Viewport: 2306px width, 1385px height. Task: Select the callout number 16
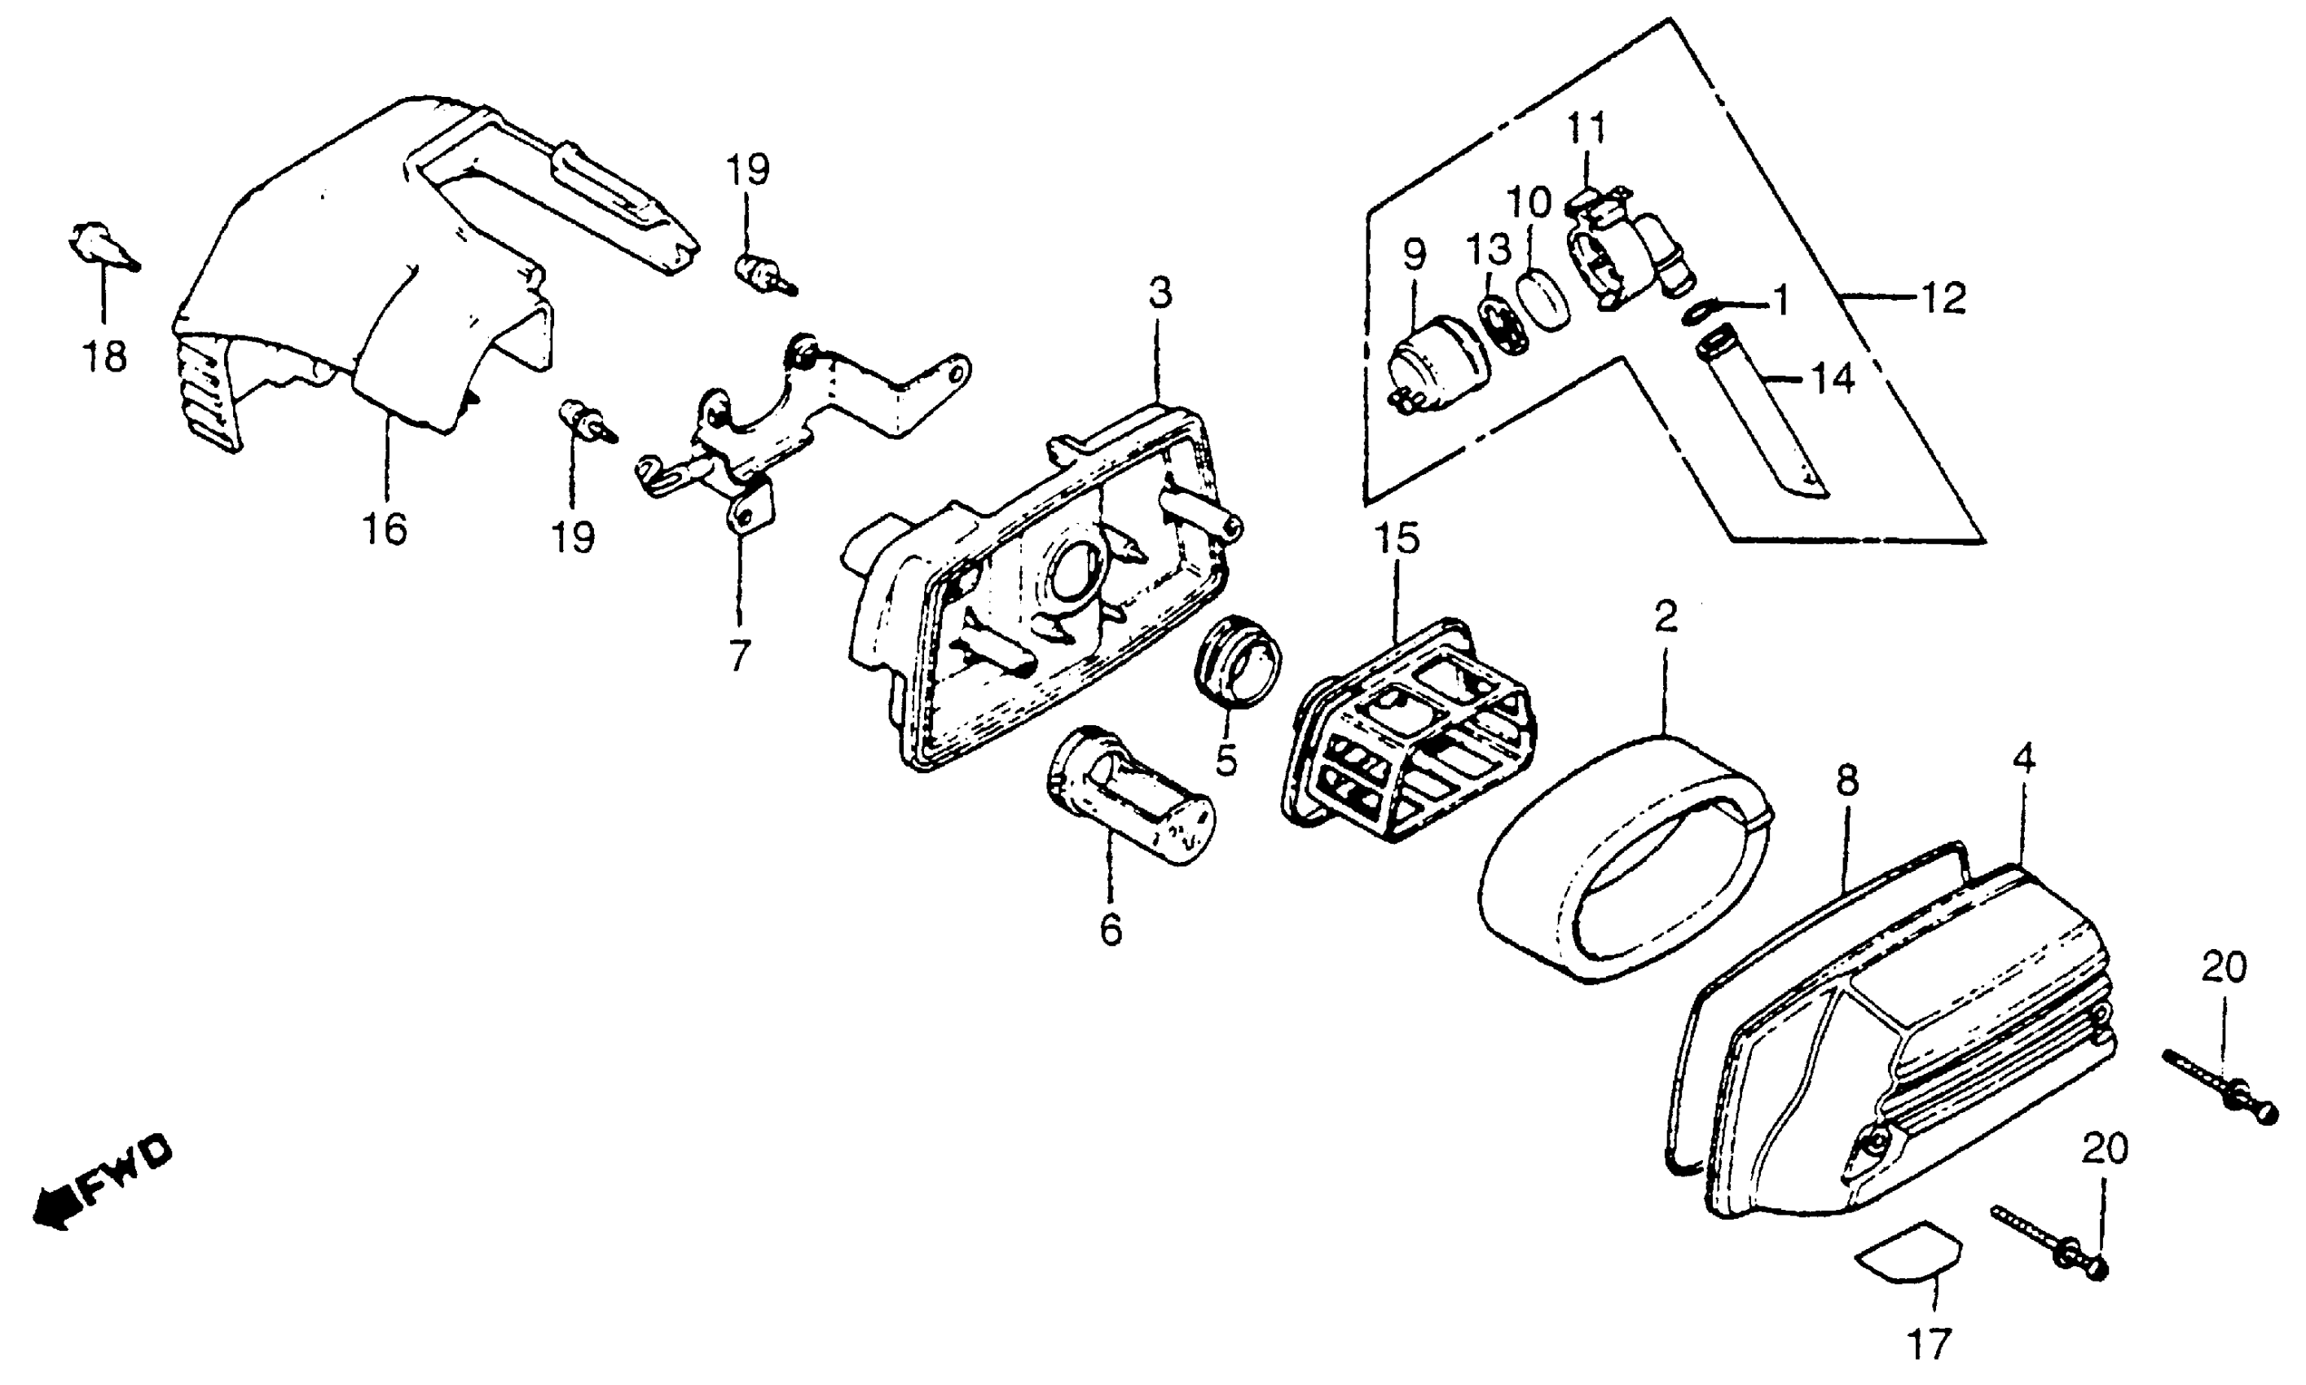pos(385,530)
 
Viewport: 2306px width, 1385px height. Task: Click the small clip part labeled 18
pos(99,244)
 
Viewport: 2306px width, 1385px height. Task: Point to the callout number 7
pos(739,656)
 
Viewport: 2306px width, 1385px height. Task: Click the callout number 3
pos(1159,293)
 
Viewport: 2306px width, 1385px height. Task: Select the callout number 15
pos(1396,539)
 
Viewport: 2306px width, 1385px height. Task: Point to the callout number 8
pos(1847,780)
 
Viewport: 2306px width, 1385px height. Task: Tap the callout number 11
pos(1586,128)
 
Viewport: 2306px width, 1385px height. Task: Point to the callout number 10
pos(1528,200)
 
